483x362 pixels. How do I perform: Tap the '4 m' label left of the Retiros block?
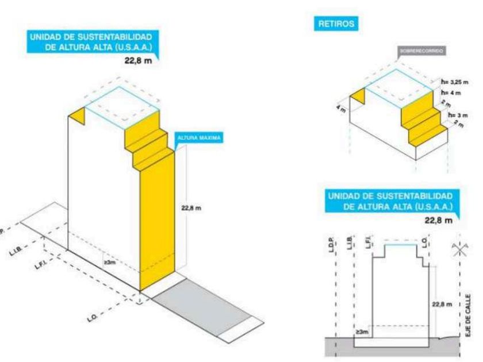pyautogui.click(x=340, y=108)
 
